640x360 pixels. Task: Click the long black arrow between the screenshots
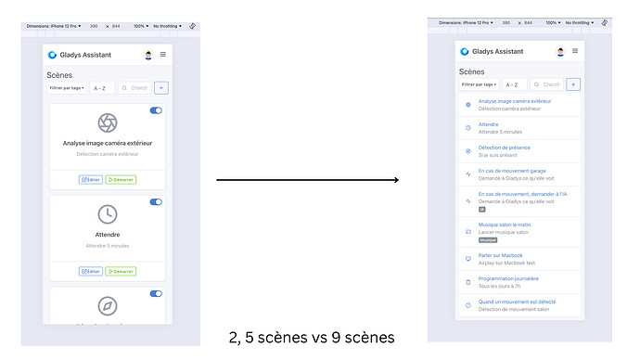tap(307, 179)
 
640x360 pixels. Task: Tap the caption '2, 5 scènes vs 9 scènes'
tap(311, 337)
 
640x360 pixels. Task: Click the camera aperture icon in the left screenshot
tap(108, 122)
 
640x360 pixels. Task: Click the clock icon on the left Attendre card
tap(108, 214)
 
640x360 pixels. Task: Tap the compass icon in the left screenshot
tap(108, 305)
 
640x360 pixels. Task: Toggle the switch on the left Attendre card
tap(156, 201)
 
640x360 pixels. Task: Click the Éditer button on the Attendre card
tap(91, 271)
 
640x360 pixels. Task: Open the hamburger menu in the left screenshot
tap(163, 55)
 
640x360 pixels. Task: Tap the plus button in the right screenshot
tap(574, 84)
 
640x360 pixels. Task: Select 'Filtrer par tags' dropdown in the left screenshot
tap(67, 88)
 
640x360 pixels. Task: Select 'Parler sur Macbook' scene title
tap(501, 255)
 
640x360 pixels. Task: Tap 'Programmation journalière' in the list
tap(508, 278)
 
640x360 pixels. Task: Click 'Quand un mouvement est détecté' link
tap(516, 302)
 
